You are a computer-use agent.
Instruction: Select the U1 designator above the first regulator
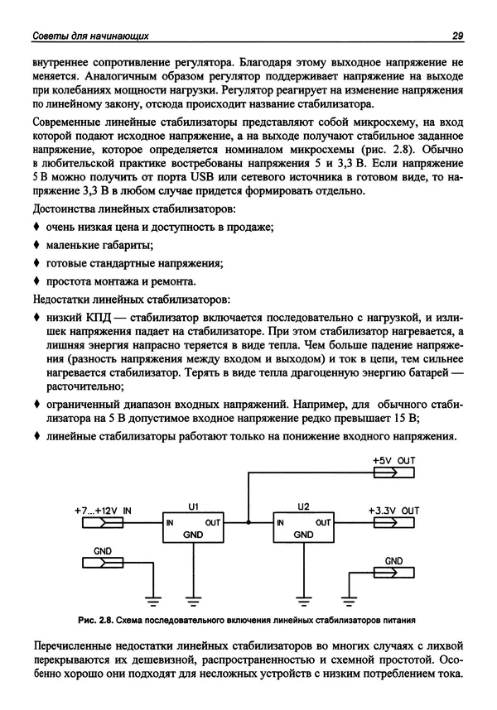pos(193,506)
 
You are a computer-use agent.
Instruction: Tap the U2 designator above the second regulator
pos(302,506)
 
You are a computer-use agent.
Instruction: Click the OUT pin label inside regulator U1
pos(212,523)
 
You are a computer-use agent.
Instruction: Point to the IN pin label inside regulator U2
pos(281,523)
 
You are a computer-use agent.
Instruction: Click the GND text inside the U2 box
pos(303,535)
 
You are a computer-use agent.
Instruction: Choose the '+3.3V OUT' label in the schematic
pos(393,511)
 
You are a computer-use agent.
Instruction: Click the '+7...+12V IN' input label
pos(103,511)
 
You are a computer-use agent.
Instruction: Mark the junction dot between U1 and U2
pos(248,523)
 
